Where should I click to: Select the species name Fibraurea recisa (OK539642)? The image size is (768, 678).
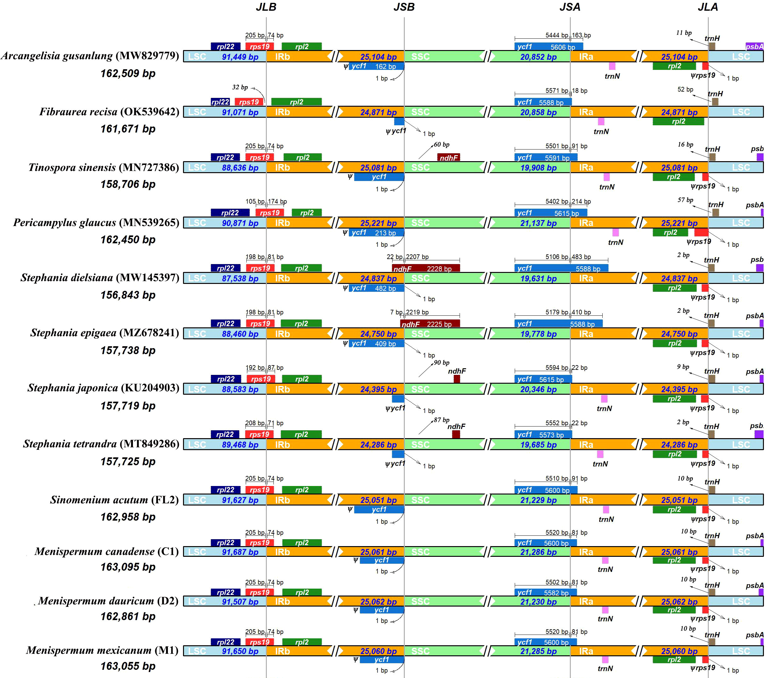[109, 112]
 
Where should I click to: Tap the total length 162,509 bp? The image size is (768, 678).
[128, 73]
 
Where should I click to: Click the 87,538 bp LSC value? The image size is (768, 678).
[240, 279]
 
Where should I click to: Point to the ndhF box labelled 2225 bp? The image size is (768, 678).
[430, 324]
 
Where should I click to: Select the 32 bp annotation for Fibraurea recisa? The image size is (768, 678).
[240, 87]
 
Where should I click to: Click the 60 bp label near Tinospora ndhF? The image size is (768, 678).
[441, 144]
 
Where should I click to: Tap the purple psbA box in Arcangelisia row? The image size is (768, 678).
[754, 47]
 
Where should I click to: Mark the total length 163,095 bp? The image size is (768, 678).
[128, 567]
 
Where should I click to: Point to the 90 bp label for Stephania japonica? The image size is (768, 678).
[441, 363]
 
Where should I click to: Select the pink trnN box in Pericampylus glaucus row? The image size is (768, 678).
[615, 232]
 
